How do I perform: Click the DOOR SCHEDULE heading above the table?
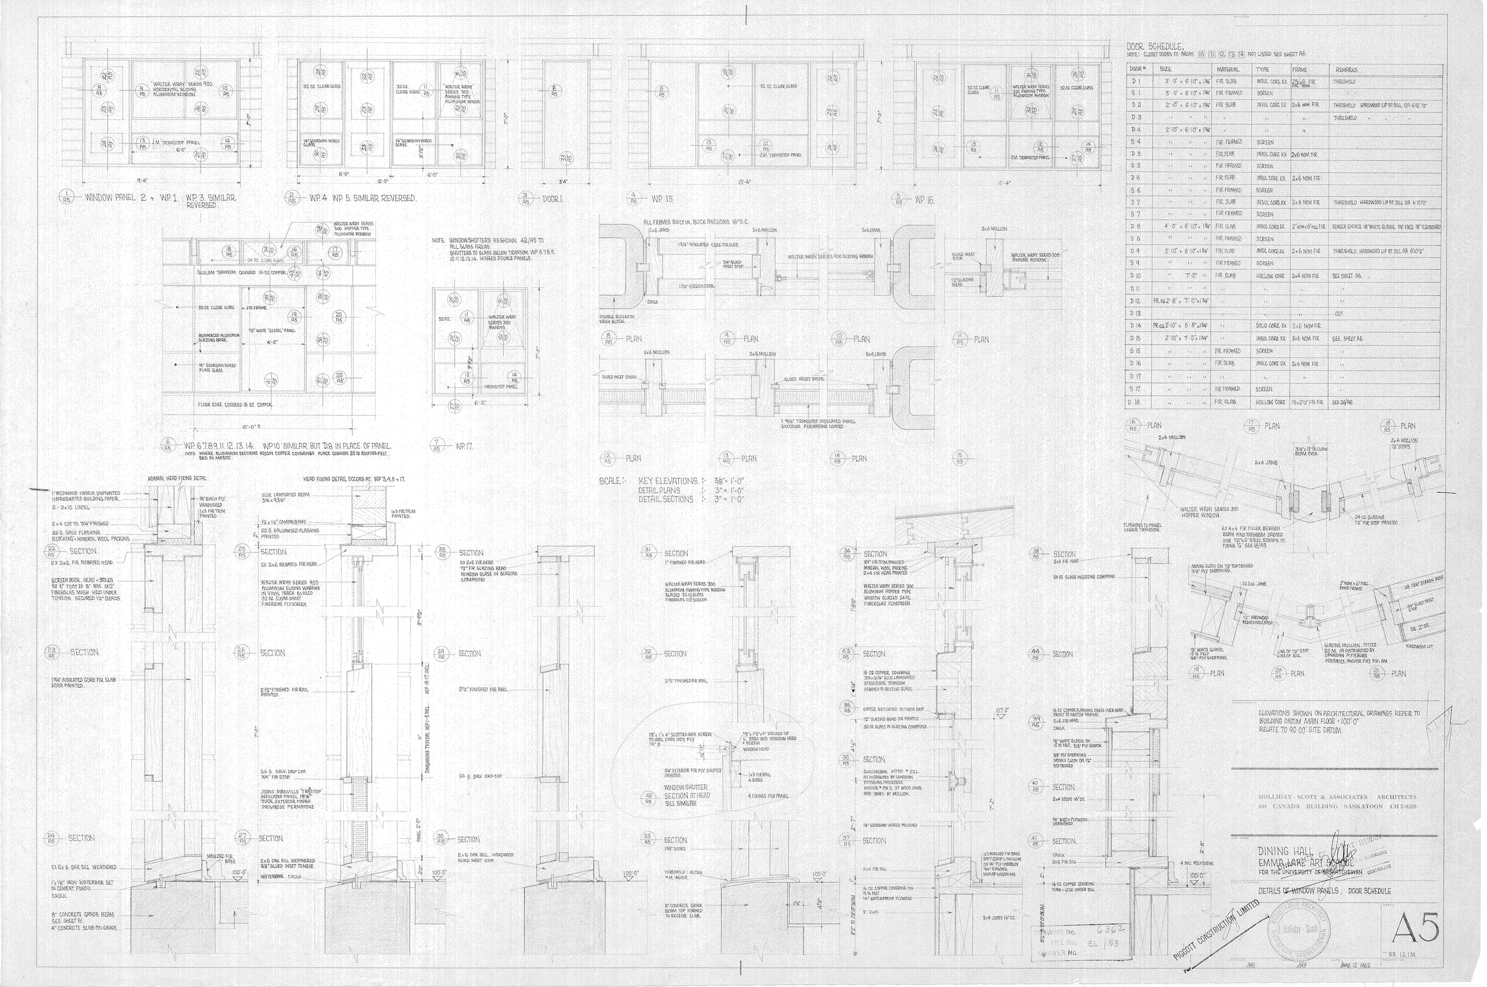(x=1155, y=46)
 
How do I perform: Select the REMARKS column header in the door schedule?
(x=1344, y=70)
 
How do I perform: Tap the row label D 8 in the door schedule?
(x=1135, y=227)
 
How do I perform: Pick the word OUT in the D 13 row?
(x=1338, y=313)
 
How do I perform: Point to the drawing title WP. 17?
(x=464, y=447)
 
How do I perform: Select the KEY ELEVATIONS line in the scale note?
(x=669, y=481)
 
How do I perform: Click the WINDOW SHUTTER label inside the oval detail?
(x=686, y=787)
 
